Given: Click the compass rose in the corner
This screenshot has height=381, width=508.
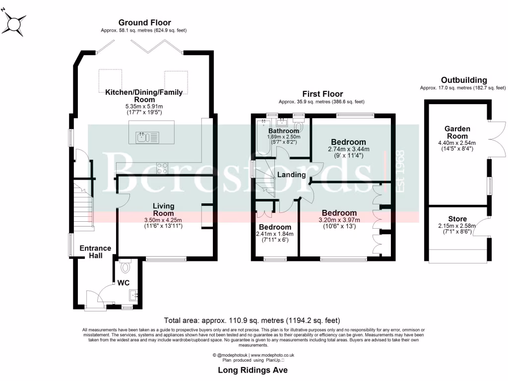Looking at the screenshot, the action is pyautogui.click(x=14, y=24).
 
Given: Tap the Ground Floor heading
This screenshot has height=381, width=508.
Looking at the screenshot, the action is pyautogui.click(x=144, y=22).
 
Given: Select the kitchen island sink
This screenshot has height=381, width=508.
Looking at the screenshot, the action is pyautogui.click(x=147, y=137).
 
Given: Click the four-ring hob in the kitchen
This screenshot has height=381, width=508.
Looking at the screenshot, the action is pyautogui.click(x=162, y=168).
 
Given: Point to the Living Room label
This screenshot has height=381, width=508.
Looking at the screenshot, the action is pyautogui.click(x=163, y=210).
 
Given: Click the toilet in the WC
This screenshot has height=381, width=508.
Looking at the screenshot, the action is pyautogui.click(x=125, y=266).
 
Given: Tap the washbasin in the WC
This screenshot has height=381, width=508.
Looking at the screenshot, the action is pyautogui.click(x=134, y=295).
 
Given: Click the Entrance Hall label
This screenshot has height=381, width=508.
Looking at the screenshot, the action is pyautogui.click(x=95, y=252).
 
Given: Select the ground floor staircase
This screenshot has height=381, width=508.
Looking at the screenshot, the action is pyautogui.click(x=84, y=206).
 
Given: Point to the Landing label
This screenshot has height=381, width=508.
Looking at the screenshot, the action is pyautogui.click(x=292, y=175).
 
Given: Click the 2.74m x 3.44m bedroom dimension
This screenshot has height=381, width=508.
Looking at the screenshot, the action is pyautogui.click(x=349, y=149).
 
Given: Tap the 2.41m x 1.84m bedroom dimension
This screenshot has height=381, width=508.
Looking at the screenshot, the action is pyautogui.click(x=275, y=234).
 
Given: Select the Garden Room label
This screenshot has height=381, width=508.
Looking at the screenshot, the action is pyautogui.click(x=457, y=132).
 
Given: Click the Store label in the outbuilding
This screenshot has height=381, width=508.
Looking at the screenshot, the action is pyautogui.click(x=457, y=219).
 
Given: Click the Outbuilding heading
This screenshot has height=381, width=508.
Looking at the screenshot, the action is pyautogui.click(x=464, y=80).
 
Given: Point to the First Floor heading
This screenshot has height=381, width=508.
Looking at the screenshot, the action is pyautogui.click(x=322, y=94).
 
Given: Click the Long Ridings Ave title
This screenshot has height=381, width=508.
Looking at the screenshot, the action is pyautogui.click(x=253, y=370).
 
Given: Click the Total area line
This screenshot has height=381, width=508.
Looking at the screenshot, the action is pyautogui.click(x=252, y=320).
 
